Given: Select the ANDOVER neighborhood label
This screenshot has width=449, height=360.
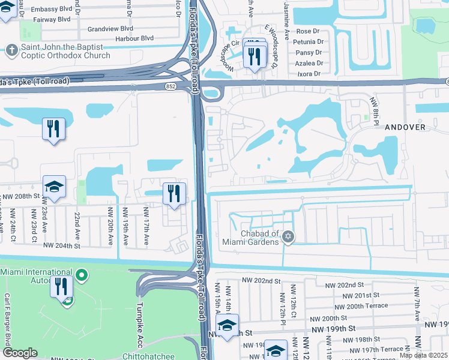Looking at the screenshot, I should (405, 127).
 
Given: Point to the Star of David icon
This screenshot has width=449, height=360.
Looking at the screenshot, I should (288, 238).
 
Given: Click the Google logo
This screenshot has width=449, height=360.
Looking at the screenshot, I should (20, 353).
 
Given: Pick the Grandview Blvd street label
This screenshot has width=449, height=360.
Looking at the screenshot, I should (110, 28).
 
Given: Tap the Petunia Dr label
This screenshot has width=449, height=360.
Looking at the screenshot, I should (308, 42).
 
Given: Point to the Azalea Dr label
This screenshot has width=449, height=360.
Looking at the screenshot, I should (309, 62).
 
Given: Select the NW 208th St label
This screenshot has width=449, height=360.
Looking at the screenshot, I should (20, 196).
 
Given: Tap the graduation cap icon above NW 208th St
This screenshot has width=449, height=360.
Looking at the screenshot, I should (54, 187).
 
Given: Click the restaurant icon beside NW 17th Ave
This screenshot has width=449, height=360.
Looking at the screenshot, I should (174, 194).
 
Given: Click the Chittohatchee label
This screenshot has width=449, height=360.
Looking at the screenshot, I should (148, 356).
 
